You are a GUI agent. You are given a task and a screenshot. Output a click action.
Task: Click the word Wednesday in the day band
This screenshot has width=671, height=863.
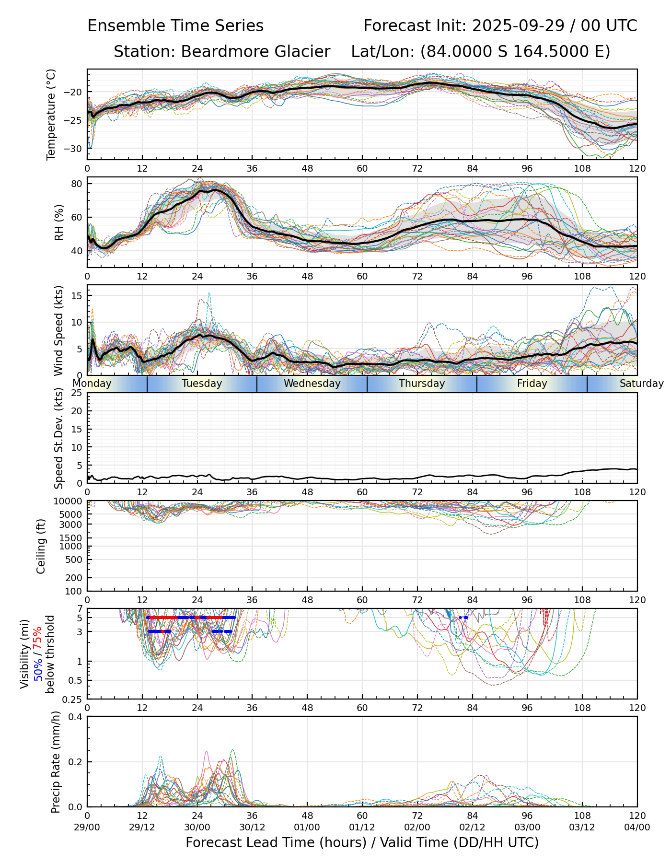point(312,384)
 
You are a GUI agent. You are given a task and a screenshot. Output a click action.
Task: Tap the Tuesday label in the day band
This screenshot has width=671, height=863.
point(202,384)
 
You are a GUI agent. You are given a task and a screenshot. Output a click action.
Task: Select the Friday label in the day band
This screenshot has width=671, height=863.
point(532,384)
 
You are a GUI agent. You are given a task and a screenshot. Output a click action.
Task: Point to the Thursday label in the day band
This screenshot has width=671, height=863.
point(422,384)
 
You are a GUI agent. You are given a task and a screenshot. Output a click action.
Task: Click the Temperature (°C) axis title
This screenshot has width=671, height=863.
point(51,114)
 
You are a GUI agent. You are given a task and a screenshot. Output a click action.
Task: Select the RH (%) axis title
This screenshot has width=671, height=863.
point(59,222)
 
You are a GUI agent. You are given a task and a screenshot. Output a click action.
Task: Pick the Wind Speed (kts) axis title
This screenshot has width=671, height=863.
point(58,330)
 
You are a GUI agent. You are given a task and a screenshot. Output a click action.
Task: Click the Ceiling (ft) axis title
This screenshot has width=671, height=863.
point(41,546)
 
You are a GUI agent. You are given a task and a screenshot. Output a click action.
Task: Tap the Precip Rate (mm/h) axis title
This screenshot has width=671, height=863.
point(56,762)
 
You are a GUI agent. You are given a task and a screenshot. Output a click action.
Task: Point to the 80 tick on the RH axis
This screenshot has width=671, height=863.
point(77,184)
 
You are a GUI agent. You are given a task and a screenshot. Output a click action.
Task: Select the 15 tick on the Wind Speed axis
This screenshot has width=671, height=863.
point(77,296)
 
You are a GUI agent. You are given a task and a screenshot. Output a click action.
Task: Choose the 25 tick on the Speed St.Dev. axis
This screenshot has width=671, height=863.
point(77,393)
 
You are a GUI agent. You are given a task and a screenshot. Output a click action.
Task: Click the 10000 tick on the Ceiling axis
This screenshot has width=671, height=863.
point(69,501)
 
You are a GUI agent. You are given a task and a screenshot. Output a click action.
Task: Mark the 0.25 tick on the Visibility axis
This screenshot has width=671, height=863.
point(74,699)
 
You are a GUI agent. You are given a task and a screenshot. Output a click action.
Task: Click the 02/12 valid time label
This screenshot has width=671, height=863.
point(472,828)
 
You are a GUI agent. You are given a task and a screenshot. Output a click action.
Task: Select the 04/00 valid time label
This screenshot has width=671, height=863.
point(637,828)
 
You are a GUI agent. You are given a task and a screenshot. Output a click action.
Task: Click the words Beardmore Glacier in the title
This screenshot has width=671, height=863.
point(255,52)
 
